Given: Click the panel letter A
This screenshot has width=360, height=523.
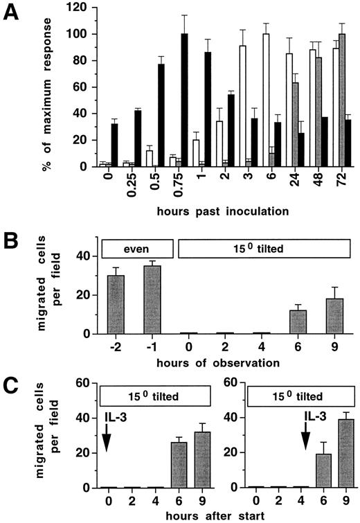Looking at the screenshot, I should click(x=13, y=13).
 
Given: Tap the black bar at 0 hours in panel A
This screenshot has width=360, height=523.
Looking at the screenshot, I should click(x=114, y=145).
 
